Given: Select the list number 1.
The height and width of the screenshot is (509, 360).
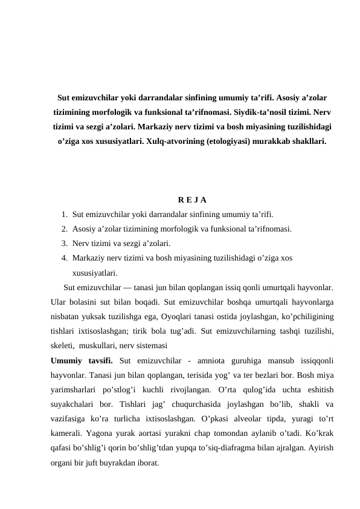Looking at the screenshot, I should click(64, 214).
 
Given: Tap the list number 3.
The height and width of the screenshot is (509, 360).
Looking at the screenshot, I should click(64, 244).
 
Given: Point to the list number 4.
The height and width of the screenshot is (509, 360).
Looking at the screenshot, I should click(64, 258).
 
